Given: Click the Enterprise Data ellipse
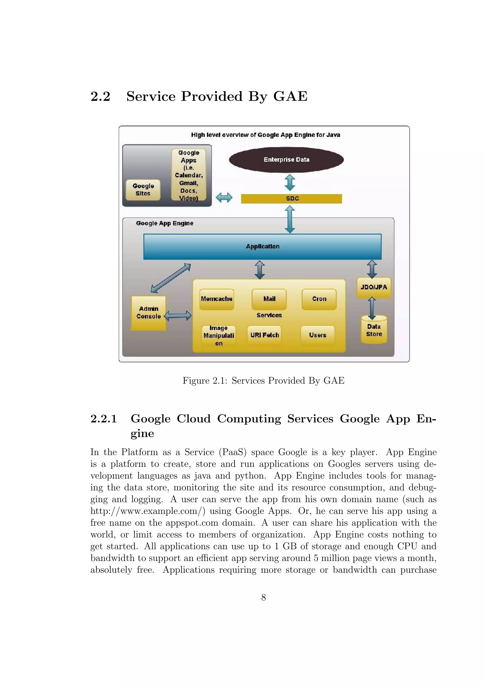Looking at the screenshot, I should click(286, 160).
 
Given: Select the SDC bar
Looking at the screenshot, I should click(291, 199).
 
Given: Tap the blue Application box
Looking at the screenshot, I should click(262, 246).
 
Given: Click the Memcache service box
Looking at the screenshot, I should click(217, 299).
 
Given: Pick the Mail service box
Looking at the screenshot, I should click(269, 299).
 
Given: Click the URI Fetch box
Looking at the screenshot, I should click(265, 335).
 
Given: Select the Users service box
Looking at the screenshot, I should click(318, 335).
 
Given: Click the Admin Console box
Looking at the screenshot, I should click(148, 313).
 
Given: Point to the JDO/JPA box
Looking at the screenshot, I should click(373, 287).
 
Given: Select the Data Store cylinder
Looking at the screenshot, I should click(374, 330).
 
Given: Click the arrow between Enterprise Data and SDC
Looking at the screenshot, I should click(290, 183).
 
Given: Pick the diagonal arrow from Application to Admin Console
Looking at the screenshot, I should click(171, 278).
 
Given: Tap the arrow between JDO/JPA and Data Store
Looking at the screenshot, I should click(372, 308).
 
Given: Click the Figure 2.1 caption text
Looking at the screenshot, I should click(263, 381).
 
